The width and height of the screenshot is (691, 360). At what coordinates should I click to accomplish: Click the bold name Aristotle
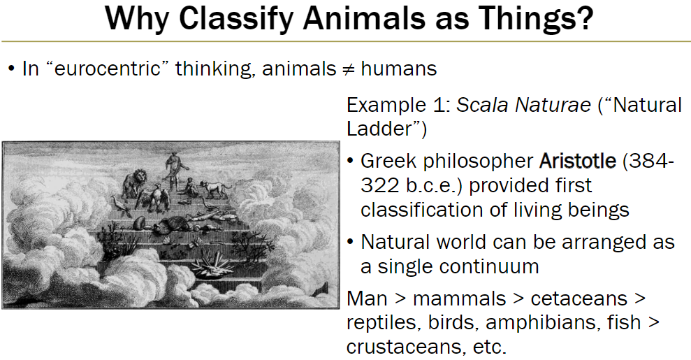[x=577, y=161]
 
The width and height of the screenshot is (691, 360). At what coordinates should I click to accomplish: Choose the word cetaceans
[x=578, y=298]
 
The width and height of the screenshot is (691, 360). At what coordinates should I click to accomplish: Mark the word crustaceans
[x=399, y=347]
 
